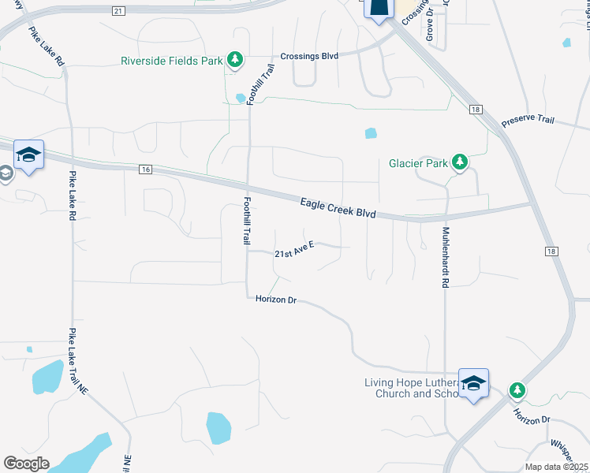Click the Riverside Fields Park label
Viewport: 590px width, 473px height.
(171, 61)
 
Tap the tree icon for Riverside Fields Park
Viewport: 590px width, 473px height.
(234, 60)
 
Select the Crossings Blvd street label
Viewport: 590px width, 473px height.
(310, 57)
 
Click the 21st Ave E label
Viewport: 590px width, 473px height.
(294, 251)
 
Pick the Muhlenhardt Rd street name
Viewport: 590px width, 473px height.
(445, 257)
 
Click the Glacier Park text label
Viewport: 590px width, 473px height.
(417, 164)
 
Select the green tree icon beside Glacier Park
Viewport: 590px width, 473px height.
(460, 163)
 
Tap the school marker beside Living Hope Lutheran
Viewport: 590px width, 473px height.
(473, 384)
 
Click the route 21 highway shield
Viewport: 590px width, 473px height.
(118, 10)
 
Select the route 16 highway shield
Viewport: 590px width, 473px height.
(144, 169)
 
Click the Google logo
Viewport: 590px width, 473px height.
(26, 464)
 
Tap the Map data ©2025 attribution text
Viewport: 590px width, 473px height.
(556, 467)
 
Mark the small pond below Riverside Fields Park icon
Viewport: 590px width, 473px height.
(240, 98)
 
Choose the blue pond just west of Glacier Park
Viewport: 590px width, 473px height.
(371, 133)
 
